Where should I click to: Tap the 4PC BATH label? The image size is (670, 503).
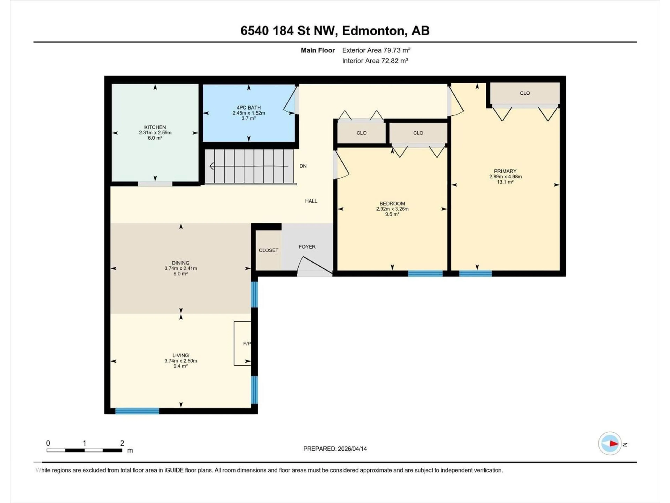[x=248, y=108]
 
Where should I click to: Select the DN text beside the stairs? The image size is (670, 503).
[x=303, y=166]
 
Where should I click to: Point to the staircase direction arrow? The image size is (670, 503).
[x=248, y=166]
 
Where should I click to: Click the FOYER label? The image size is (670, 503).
[x=307, y=247]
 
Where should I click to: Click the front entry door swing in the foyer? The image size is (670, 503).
[x=315, y=266]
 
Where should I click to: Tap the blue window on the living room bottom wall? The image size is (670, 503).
[x=137, y=411]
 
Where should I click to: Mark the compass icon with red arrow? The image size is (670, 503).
[x=610, y=444]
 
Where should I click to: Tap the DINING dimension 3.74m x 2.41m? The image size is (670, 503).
[x=181, y=268]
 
